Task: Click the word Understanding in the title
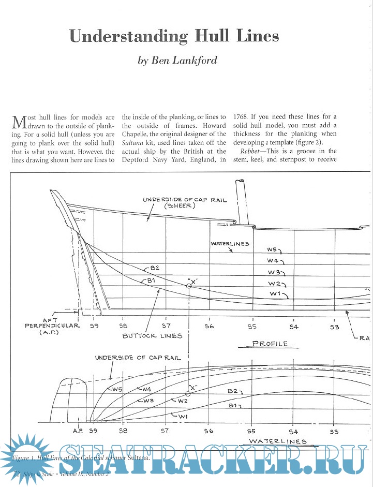coord(128,36)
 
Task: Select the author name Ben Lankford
coord(177,61)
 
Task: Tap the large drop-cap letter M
coord(18,123)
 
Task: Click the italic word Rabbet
coord(251,151)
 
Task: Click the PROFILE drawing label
coord(270,343)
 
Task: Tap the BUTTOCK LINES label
coord(152,335)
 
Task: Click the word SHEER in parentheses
coord(178,206)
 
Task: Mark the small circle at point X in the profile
coord(189,286)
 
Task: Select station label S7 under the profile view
coord(166,326)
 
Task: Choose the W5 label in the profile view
coord(275,249)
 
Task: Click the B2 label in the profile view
coord(154,268)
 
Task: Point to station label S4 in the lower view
coord(293,431)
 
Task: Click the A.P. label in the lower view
coord(78,430)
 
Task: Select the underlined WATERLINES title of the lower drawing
coord(277,441)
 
